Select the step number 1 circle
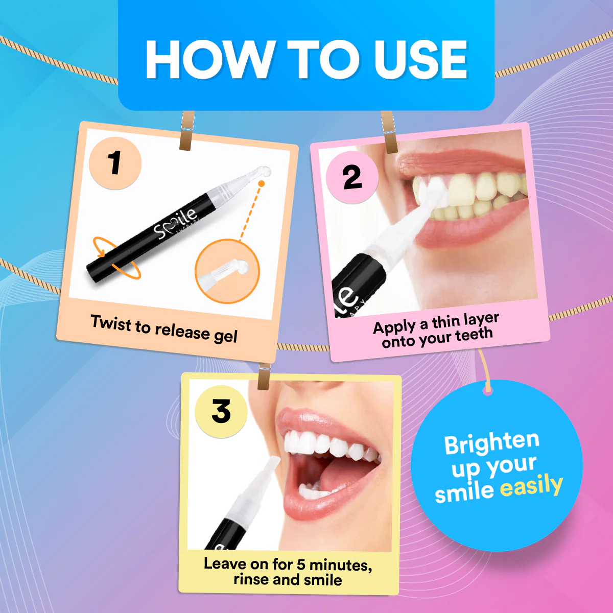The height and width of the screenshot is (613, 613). pyautogui.click(x=115, y=163)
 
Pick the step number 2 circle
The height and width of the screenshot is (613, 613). pyautogui.click(x=352, y=177)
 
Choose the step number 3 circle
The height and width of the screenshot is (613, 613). pyautogui.click(x=221, y=411)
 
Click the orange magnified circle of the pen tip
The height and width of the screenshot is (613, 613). pyautogui.click(x=227, y=271)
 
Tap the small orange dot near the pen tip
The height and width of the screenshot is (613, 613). pyautogui.click(x=262, y=183)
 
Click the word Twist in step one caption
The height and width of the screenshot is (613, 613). pyautogui.click(x=111, y=323)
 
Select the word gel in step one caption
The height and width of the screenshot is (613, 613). pyautogui.click(x=225, y=336)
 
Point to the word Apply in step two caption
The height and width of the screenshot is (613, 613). pyautogui.click(x=394, y=327)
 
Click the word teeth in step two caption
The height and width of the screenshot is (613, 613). pyautogui.click(x=474, y=335)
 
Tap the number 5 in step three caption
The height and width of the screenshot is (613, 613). pyautogui.click(x=301, y=564)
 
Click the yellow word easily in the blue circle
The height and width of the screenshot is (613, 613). pyautogui.click(x=531, y=485)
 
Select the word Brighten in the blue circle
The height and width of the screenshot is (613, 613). pyautogui.click(x=491, y=442)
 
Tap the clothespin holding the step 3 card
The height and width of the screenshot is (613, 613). pyautogui.click(x=264, y=376)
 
